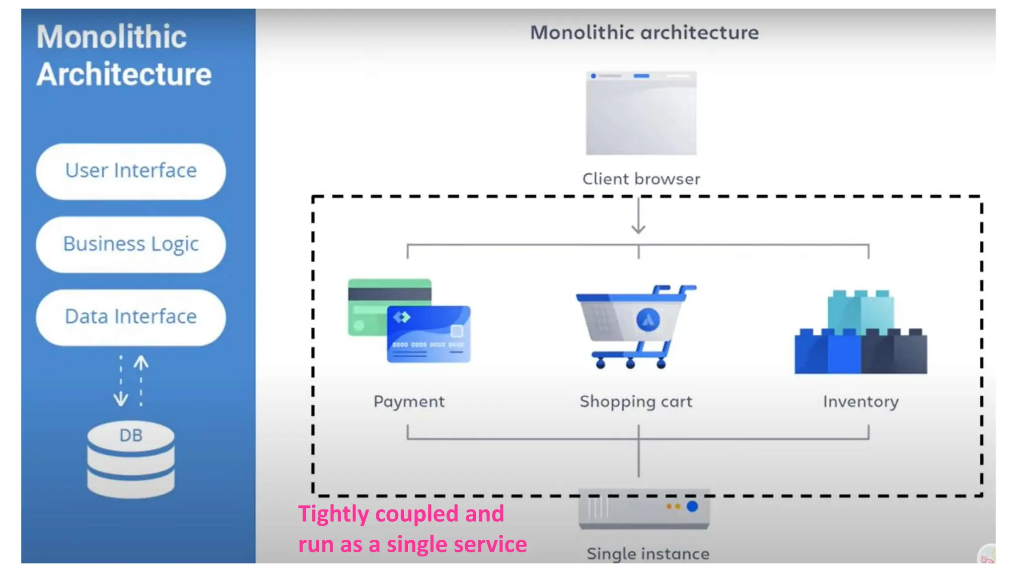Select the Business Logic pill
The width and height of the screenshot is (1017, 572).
[x=131, y=244]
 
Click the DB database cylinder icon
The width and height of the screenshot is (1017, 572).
[x=131, y=459]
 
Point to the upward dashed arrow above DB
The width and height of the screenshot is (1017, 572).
[x=141, y=380]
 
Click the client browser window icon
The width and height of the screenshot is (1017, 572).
[x=641, y=113]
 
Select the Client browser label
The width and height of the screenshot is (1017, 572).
[x=641, y=179]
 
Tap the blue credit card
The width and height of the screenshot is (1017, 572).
[x=429, y=334]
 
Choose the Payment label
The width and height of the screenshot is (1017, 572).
[x=409, y=401]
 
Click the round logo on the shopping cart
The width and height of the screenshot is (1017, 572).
[x=648, y=320]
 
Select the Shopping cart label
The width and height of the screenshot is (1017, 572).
[x=636, y=401]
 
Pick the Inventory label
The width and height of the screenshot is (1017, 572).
[x=861, y=401]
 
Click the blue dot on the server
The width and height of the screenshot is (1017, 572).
[x=692, y=506]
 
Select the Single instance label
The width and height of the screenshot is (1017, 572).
[x=648, y=554]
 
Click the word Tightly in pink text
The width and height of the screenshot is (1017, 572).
[x=334, y=514]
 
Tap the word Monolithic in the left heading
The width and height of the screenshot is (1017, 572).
[x=112, y=37]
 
